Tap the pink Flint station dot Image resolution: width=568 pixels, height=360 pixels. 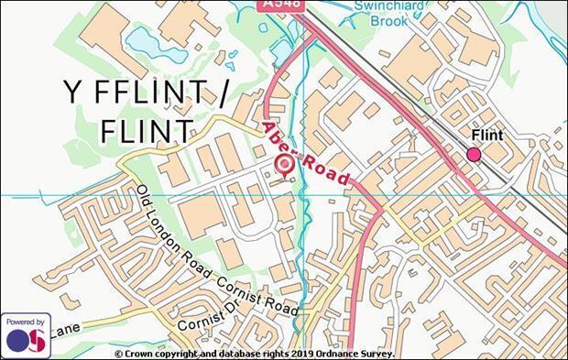coord(474,155)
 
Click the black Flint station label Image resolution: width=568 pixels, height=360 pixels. coord(486,136)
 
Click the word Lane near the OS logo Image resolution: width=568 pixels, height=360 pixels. coord(65,327)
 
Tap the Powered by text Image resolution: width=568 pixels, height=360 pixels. coord(25,322)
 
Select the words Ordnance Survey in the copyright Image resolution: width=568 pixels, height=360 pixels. coord(358,353)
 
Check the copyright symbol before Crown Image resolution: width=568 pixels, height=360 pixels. coord(119,353)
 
